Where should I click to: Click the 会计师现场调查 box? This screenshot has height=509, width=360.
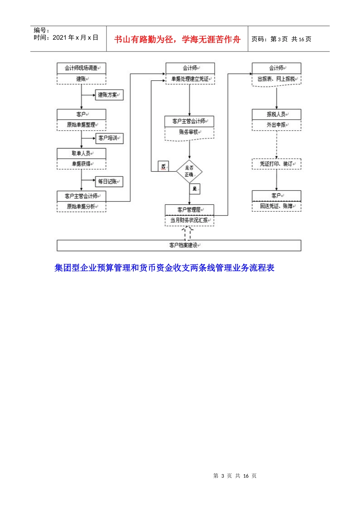(x=81, y=68)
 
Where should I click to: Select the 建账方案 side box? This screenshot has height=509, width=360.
(x=109, y=95)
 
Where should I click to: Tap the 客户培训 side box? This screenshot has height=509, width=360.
(x=109, y=138)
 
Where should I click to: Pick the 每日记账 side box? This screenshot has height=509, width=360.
(x=109, y=181)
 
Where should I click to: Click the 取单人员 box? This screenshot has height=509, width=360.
(x=81, y=153)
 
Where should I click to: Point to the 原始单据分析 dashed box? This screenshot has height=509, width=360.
(x=81, y=207)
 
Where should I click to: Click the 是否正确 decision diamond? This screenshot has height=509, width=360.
(x=189, y=171)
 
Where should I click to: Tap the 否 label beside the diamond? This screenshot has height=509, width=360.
(x=163, y=166)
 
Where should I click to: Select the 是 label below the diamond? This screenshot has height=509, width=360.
(x=195, y=189)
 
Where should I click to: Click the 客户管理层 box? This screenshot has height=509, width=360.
(x=189, y=209)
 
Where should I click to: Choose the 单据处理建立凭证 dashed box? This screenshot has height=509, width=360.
(x=190, y=79)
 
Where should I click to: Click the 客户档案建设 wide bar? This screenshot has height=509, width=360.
(x=179, y=245)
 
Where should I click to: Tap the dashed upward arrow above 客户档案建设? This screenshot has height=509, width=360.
(x=187, y=233)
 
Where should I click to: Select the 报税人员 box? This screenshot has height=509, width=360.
(x=276, y=114)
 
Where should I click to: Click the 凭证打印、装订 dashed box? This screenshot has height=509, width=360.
(x=276, y=164)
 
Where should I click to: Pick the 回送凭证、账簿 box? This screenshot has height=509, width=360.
(x=276, y=206)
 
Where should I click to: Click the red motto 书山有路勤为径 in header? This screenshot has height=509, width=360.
(x=177, y=39)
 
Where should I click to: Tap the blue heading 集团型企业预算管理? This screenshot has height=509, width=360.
(x=164, y=268)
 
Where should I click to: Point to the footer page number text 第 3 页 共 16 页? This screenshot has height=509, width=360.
(x=235, y=476)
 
